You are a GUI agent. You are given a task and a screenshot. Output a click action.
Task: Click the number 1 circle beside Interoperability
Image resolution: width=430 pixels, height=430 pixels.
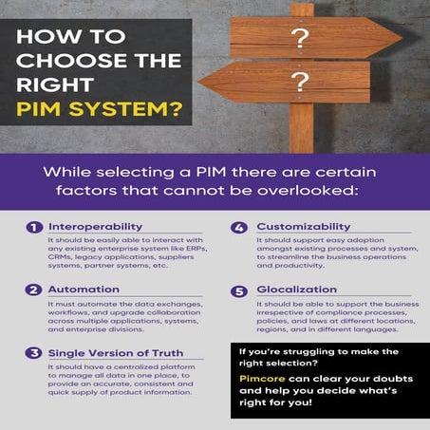[x=33, y=228]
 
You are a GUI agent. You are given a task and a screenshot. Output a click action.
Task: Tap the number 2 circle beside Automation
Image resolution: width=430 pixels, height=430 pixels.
[x=33, y=290]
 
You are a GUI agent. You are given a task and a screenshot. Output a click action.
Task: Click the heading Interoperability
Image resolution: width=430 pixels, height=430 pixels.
[x=95, y=228]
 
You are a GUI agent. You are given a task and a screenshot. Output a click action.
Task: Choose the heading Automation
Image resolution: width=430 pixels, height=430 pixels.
[x=84, y=290]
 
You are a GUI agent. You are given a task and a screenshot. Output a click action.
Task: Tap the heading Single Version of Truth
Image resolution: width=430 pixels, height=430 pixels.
[x=115, y=353]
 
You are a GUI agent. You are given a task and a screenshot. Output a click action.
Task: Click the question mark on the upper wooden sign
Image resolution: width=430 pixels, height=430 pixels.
[x=301, y=39]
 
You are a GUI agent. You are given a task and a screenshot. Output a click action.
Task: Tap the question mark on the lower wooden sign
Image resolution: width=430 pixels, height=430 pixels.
[x=301, y=82]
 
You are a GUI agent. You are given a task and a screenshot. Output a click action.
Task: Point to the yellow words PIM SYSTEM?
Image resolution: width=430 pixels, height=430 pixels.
[x=101, y=107]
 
